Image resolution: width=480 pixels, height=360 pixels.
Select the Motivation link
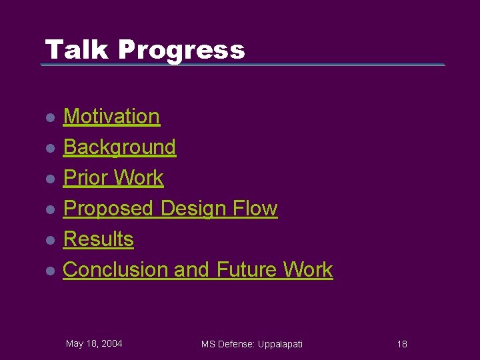click(111, 117)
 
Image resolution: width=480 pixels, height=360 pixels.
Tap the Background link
click(119, 147)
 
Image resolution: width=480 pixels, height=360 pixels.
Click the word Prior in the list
click(85, 178)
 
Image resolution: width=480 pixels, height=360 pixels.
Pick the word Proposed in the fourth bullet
click(108, 209)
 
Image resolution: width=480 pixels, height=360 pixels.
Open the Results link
click(98, 239)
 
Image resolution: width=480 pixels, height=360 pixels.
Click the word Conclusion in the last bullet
click(115, 270)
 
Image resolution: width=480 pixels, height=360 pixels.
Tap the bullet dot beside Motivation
click(49, 118)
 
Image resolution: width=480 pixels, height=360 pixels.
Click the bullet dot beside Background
click(49, 149)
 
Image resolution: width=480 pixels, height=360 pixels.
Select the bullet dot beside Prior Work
click(49, 179)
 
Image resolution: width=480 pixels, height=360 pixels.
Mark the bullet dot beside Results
click(49, 241)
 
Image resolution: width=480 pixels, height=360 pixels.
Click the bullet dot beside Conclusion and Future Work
click(49, 271)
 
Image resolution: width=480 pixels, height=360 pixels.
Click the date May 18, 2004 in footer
click(94, 343)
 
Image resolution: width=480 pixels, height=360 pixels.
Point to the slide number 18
click(402, 344)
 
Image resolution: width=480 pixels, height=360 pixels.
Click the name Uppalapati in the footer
click(277, 344)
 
